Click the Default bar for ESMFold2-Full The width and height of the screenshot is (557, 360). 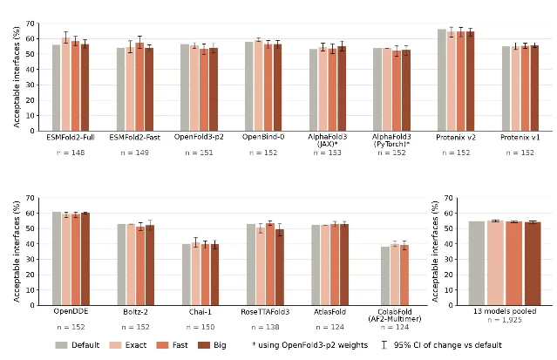point(56,88)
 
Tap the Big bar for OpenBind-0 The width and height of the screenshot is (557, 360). point(277,87)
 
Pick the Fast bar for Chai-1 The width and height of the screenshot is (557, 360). point(206,275)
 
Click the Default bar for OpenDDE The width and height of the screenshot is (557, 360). point(57,258)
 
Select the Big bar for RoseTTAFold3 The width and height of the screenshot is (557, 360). point(280,268)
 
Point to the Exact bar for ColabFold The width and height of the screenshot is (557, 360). point(395,275)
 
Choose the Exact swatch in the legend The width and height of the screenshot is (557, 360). point(115,345)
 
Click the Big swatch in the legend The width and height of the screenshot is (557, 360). point(204,345)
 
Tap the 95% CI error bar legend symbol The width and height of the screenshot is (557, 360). point(384,345)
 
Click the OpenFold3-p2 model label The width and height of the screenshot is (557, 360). point(199,137)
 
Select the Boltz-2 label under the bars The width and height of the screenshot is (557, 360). point(135,312)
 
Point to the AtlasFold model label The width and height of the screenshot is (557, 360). point(330,312)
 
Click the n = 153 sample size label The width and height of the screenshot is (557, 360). point(327,153)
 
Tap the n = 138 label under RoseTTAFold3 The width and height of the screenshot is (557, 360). point(265,327)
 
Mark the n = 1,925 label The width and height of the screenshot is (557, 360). point(505,320)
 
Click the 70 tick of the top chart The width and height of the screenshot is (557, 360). point(31,24)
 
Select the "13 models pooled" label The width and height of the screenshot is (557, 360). point(505,311)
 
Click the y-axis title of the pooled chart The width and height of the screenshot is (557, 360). point(435,252)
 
